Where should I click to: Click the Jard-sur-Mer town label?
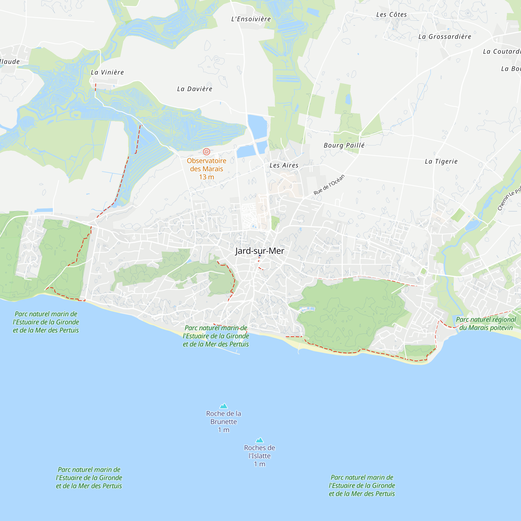(x=259, y=251)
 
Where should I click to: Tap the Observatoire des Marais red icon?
(x=207, y=152)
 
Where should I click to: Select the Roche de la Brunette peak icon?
(x=224, y=406)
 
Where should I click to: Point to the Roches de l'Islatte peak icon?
(x=259, y=440)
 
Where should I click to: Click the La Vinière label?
(x=107, y=72)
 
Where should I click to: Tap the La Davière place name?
(x=195, y=89)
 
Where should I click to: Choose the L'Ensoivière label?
(x=251, y=19)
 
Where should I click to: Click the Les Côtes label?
(x=392, y=15)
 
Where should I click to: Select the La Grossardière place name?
(x=445, y=37)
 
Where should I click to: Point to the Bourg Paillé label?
(x=344, y=145)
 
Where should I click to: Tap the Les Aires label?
(x=284, y=165)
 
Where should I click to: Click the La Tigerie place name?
(x=441, y=162)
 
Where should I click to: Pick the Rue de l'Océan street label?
(x=329, y=185)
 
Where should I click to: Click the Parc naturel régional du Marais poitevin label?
(x=486, y=324)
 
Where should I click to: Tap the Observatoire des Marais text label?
(x=207, y=165)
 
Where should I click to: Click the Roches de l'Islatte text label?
(x=259, y=452)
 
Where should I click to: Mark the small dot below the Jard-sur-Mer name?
(x=260, y=255)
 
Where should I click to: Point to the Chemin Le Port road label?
(x=509, y=199)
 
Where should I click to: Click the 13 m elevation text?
(x=207, y=177)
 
